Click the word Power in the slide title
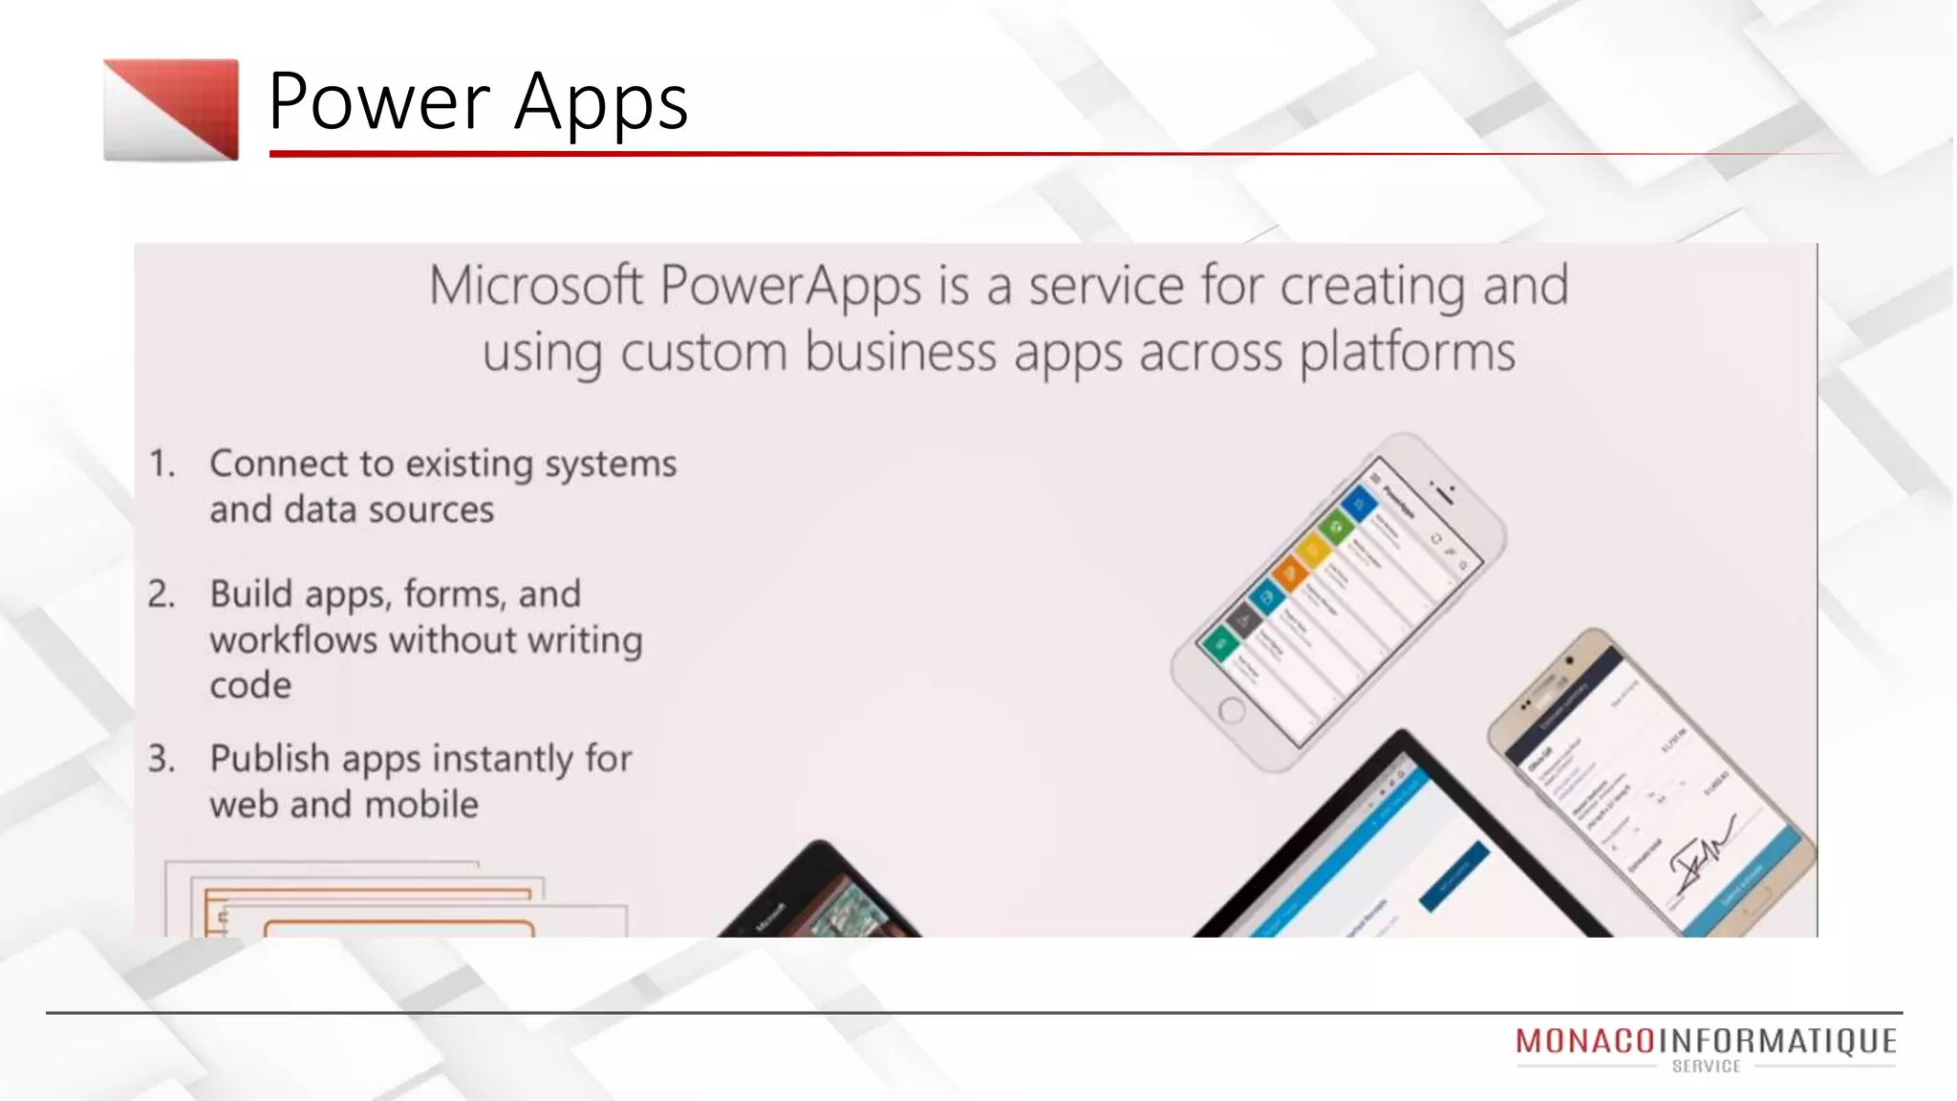click(378, 101)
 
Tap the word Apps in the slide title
click(601, 103)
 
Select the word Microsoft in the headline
click(535, 285)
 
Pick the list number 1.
click(161, 464)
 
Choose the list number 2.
click(161, 594)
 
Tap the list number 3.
click(161, 759)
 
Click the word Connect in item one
click(278, 464)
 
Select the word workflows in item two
click(293, 640)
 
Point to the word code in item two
click(249, 685)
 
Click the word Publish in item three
click(269, 759)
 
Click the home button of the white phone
click(1232, 711)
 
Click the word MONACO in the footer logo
click(1584, 1041)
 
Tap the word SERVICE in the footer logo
click(1706, 1067)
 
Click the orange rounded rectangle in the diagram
click(398, 927)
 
